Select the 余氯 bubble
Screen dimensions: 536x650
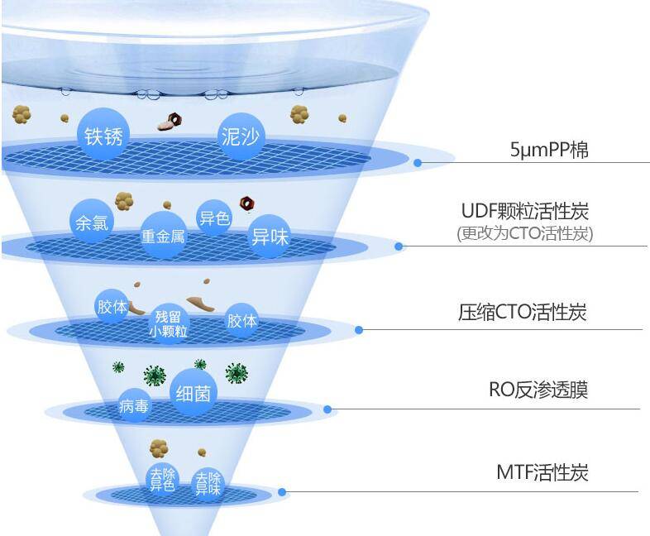(92, 222)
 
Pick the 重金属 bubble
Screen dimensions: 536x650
(163, 237)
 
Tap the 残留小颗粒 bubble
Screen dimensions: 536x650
(169, 323)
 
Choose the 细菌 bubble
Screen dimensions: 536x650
(193, 393)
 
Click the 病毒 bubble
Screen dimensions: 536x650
(134, 405)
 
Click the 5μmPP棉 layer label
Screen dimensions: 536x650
(549, 151)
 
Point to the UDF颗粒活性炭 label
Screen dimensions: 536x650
(525, 211)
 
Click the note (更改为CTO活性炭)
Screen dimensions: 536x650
(525, 233)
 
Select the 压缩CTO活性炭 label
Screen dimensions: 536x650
(523, 313)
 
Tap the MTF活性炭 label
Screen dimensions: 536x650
(542, 473)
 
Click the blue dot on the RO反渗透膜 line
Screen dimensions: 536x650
(327, 409)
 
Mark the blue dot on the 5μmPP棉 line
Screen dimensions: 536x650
(418, 163)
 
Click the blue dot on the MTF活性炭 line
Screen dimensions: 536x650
(282, 492)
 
